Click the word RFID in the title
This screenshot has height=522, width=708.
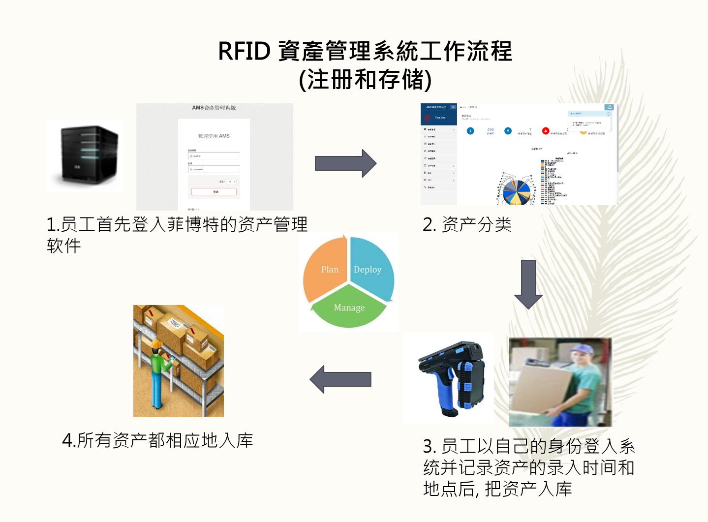pyautogui.click(x=244, y=51)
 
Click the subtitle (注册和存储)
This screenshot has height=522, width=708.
pyautogui.click(x=365, y=80)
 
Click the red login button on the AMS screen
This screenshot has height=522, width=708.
pyautogui.click(x=214, y=192)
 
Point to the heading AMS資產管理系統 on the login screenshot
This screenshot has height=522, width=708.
pyautogui.click(x=214, y=108)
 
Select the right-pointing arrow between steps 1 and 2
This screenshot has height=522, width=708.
pyautogui.click(x=345, y=163)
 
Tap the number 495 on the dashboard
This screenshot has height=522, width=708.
pyautogui.click(x=490, y=129)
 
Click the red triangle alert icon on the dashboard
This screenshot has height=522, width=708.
pyautogui.click(x=545, y=131)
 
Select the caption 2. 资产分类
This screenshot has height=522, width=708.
pyautogui.click(x=467, y=225)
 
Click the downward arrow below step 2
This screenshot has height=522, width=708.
pyautogui.click(x=528, y=284)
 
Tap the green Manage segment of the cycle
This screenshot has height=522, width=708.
pyautogui.click(x=349, y=308)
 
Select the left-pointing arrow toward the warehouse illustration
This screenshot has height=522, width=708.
pyautogui.click(x=340, y=379)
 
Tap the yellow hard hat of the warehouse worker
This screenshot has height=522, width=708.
pyautogui.click(x=157, y=343)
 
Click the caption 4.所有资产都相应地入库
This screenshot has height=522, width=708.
pyautogui.click(x=157, y=440)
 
